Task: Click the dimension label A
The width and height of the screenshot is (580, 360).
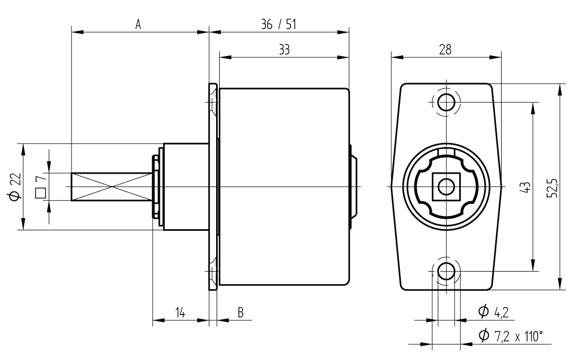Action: pos(138,25)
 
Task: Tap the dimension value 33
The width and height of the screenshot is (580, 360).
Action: pos(284,50)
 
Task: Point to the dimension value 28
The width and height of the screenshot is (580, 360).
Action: pos(445,50)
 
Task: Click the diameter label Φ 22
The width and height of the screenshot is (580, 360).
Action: pos(15,187)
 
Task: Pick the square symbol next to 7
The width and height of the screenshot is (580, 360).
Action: pos(40,193)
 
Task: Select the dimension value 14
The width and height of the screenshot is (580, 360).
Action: pos(180,313)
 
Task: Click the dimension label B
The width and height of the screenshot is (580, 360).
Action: pos(240,313)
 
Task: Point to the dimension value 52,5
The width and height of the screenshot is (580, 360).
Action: pos(553,187)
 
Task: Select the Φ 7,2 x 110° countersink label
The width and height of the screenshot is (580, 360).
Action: pos(511,336)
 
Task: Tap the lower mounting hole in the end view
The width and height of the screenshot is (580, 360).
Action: pos(446,271)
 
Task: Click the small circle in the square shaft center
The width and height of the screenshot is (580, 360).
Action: pos(446,186)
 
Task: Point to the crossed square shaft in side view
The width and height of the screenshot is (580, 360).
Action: pos(111,186)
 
